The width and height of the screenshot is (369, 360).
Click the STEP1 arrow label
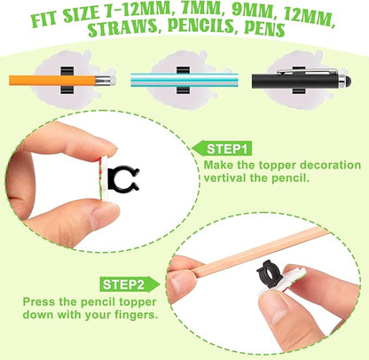click(x=222, y=149)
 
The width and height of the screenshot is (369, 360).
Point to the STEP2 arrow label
click(x=130, y=285)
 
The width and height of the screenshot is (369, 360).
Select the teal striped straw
click(x=184, y=80)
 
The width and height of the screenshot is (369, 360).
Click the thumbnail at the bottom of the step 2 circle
click(x=273, y=310)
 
